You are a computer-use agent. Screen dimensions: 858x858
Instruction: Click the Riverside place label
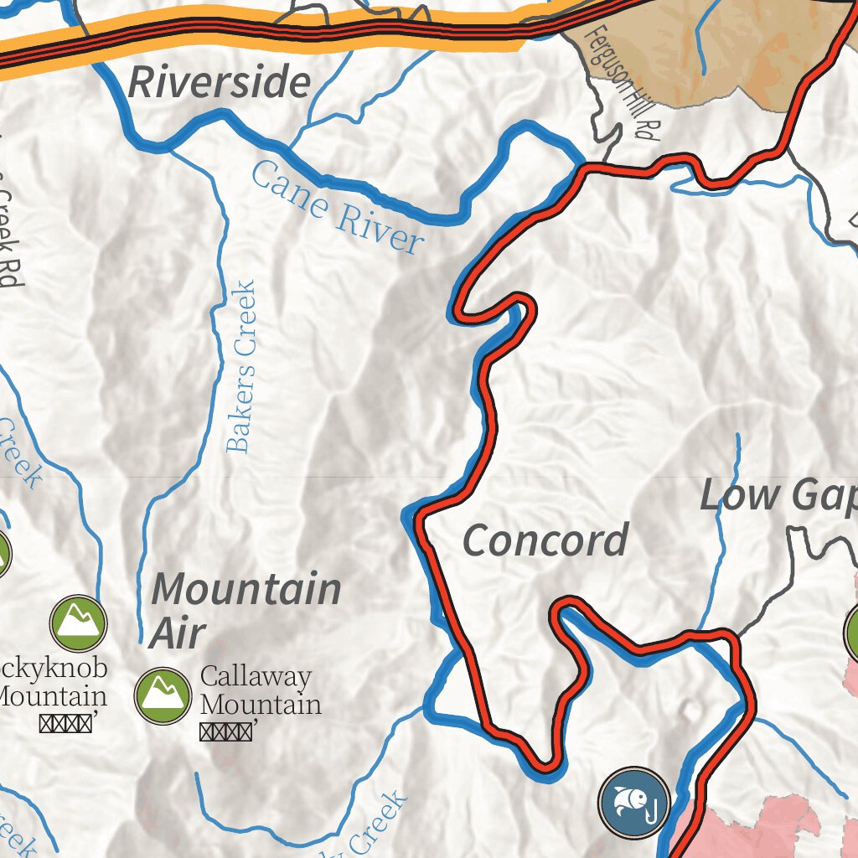coord(220,83)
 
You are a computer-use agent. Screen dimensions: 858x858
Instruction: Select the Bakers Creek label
coord(240,367)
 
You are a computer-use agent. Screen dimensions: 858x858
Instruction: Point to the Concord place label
coord(545,540)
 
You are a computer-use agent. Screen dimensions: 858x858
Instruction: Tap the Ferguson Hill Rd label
coord(618,84)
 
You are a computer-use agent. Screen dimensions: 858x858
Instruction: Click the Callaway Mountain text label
coord(260,690)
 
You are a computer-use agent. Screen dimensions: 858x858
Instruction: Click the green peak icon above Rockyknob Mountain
coord(78,623)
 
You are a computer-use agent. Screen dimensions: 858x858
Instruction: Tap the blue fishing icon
coord(634,803)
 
